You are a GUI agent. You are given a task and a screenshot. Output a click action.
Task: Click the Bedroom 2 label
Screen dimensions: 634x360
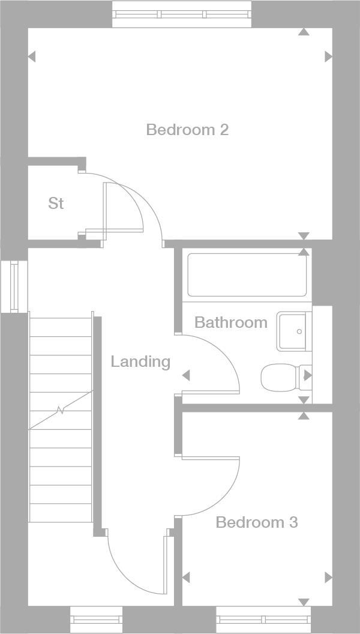click(x=187, y=130)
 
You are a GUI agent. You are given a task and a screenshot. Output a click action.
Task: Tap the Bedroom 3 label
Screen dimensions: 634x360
click(x=256, y=522)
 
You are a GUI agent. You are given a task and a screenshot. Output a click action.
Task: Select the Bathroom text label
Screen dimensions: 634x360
click(x=231, y=322)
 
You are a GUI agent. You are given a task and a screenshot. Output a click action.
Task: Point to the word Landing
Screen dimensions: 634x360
click(x=140, y=361)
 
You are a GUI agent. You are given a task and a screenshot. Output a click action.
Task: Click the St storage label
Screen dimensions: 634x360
click(x=56, y=204)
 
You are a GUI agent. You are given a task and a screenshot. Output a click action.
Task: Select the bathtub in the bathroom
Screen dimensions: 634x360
click(x=247, y=275)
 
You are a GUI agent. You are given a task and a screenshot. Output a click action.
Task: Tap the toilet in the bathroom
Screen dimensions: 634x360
click(x=282, y=376)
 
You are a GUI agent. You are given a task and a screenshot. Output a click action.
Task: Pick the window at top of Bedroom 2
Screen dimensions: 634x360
click(x=182, y=14)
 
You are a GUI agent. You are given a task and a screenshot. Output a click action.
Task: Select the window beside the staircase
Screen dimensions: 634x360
click(x=14, y=286)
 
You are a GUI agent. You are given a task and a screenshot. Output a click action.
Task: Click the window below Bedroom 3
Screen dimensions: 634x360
click(x=263, y=619)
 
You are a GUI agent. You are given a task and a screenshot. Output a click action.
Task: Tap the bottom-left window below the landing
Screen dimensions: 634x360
click(x=96, y=619)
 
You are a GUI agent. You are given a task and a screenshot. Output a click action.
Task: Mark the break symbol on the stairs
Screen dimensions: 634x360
click(x=61, y=411)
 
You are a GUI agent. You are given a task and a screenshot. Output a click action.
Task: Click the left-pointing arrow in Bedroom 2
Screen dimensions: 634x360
click(x=32, y=56)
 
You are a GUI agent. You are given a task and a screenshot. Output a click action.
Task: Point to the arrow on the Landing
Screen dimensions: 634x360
click(x=186, y=375)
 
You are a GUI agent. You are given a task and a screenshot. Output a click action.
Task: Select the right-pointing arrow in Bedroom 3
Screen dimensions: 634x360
click(x=328, y=578)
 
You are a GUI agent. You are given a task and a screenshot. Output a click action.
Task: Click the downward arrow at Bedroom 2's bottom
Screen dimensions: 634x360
click(x=304, y=236)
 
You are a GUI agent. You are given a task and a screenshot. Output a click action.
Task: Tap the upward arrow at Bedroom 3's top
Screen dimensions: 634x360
click(x=304, y=415)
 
